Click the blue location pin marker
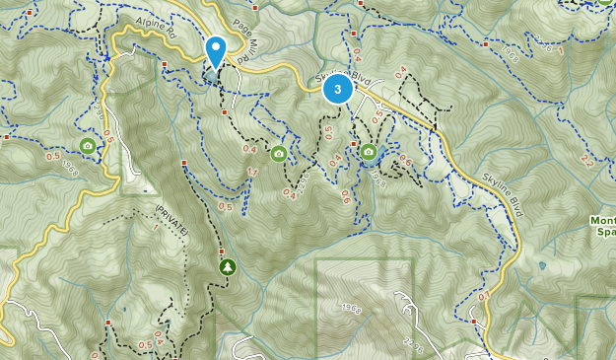[215, 50]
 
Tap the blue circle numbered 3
[337, 90]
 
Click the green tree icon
[228, 267]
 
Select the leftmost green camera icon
[88, 146]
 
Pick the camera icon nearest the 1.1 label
[279, 153]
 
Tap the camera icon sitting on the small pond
[369, 151]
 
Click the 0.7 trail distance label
[483, 296]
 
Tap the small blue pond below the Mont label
[541, 265]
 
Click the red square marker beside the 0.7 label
[474, 321]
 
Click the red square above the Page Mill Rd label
[255, 9]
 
